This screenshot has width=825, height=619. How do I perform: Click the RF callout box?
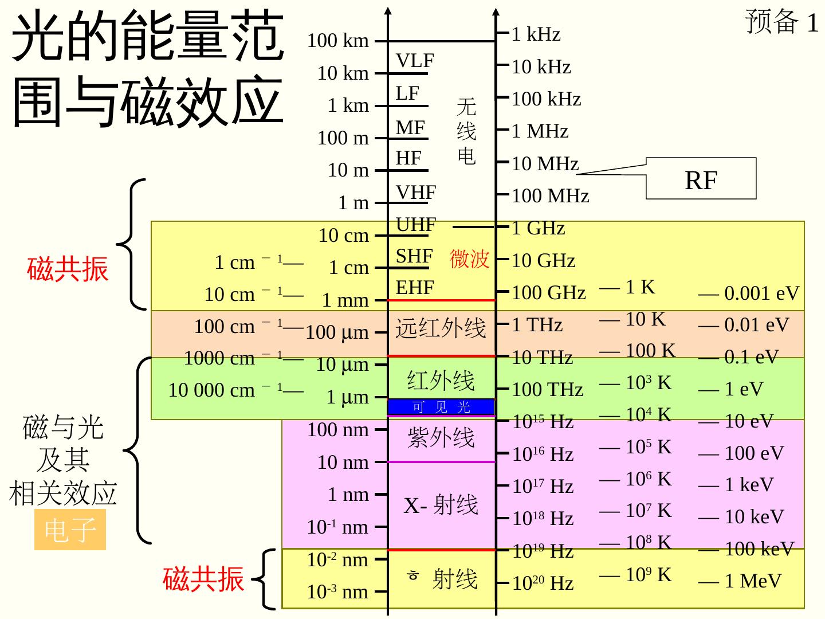pos(701,180)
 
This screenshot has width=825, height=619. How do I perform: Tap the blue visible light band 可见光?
pos(441,407)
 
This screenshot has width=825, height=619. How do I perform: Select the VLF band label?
pos(415,61)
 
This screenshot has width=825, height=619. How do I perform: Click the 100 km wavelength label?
pos(338,41)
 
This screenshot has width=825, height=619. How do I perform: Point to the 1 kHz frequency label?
pos(536,34)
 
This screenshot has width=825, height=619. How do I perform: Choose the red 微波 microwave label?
pos(469,259)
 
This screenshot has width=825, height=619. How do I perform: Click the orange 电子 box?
pos(70,530)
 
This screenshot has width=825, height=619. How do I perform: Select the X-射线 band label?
pos(441,506)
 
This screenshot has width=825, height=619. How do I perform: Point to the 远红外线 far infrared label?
pos(441,328)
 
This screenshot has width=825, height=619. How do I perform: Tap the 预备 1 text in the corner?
pos(781,22)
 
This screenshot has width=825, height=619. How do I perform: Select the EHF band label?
pos(415,288)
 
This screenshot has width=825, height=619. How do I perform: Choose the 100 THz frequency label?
pos(547,390)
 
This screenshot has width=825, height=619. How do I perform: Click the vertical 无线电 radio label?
pos(466,131)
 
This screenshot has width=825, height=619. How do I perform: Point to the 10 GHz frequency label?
pos(543,261)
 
